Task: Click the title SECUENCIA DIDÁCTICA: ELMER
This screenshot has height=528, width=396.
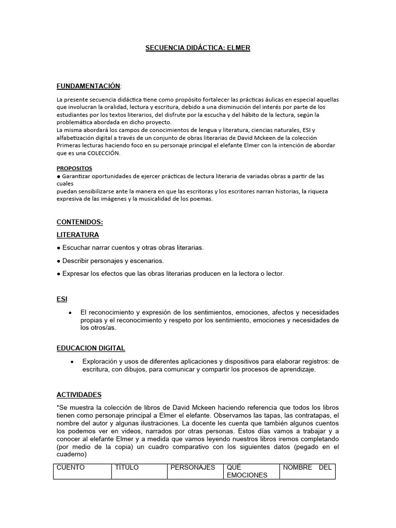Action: point(197,48)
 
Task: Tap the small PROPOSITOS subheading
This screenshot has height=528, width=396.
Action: point(74,168)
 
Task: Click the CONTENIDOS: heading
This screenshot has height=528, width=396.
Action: point(80,222)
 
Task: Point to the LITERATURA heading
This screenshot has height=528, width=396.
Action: point(77,235)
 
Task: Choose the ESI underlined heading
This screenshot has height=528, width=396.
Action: point(62,299)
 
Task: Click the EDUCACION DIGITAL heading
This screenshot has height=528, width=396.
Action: point(91,348)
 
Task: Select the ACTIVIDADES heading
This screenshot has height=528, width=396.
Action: point(79,394)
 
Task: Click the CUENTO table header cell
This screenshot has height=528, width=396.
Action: point(82,471)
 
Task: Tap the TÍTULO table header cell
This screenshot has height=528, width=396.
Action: point(139,471)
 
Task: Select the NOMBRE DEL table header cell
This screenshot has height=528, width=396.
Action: point(307,471)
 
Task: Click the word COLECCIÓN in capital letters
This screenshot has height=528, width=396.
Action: point(103,153)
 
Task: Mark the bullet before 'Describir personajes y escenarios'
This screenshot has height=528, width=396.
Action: point(59,261)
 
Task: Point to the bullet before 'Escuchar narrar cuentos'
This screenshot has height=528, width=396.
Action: point(59,248)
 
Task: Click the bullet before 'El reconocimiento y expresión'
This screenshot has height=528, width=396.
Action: point(70,313)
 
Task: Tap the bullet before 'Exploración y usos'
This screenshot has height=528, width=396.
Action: point(70,361)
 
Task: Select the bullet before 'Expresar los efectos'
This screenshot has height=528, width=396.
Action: point(59,274)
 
